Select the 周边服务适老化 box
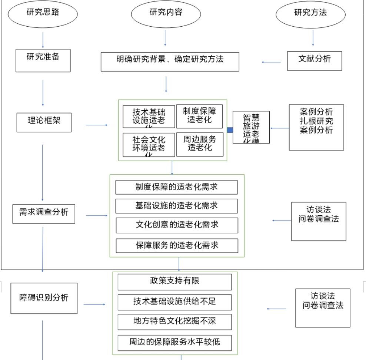click(200, 144)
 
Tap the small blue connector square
click(230, 130)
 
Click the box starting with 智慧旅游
click(251, 127)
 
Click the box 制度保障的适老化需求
click(176, 187)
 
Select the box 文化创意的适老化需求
click(176, 225)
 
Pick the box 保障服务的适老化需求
click(176, 245)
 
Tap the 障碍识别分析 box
click(44, 298)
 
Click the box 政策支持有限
click(174, 282)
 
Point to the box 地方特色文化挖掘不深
click(174, 322)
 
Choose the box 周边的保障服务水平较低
click(174, 343)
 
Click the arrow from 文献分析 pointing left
click(272, 62)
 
